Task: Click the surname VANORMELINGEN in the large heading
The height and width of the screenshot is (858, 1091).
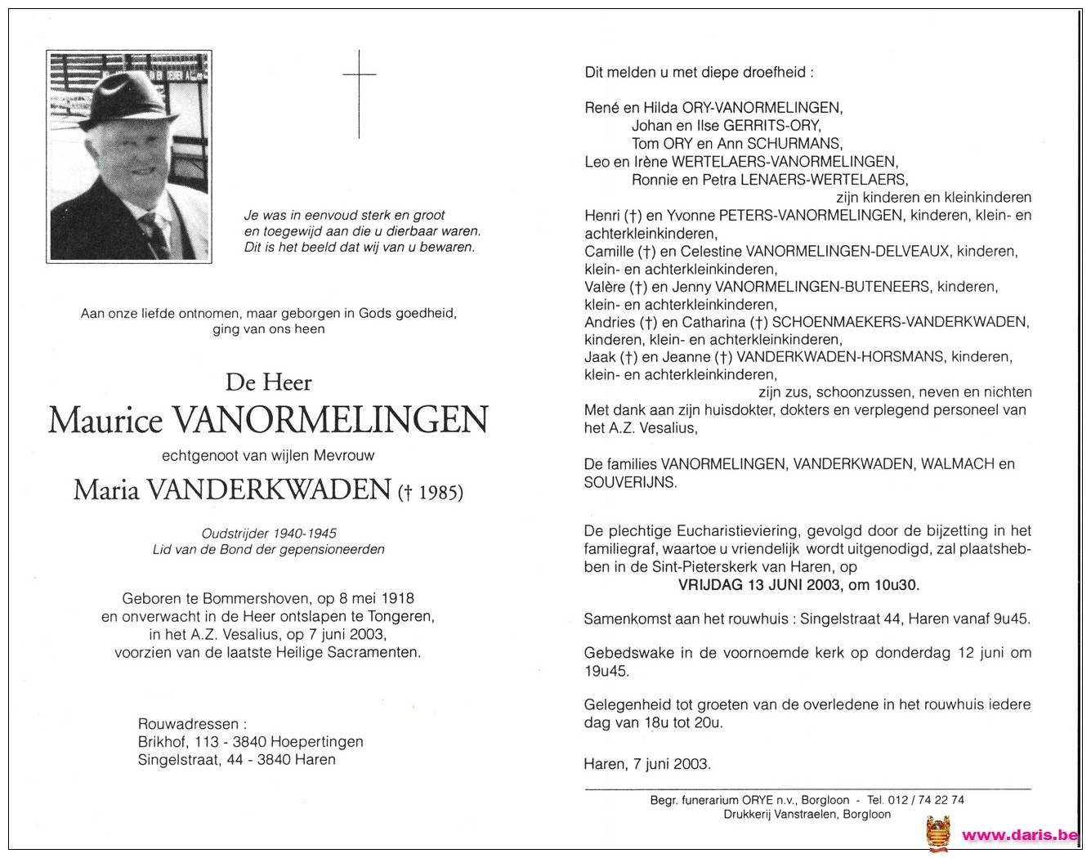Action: tap(330, 420)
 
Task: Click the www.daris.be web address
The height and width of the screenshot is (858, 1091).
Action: tap(1020, 834)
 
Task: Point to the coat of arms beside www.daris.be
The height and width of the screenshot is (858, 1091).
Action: tap(937, 834)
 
